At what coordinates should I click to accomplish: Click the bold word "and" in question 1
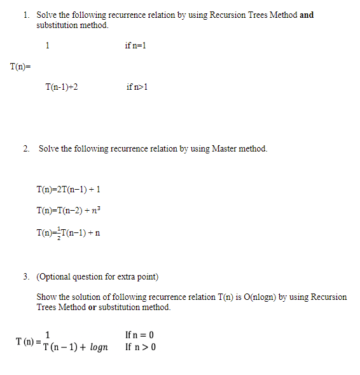pyautogui.click(x=307, y=15)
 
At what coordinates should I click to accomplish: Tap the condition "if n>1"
pyautogui.click(x=137, y=87)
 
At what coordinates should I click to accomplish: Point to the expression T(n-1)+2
pyautogui.click(x=62, y=87)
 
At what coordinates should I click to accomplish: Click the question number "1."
pyautogui.click(x=25, y=15)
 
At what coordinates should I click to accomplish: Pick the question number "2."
pyautogui.click(x=26, y=148)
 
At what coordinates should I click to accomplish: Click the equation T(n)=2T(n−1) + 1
pyautogui.click(x=69, y=189)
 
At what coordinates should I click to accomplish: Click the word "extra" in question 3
pyautogui.click(x=119, y=276)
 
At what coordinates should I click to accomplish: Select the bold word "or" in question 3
pyautogui.click(x=92, y=307)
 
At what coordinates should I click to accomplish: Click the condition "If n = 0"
pyautogui.click(x=140, y=335)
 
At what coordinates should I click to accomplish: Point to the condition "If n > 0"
pyautogui.click(x=141, y=347)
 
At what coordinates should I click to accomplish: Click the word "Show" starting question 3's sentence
pyautogui.click(x=47, y=297)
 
